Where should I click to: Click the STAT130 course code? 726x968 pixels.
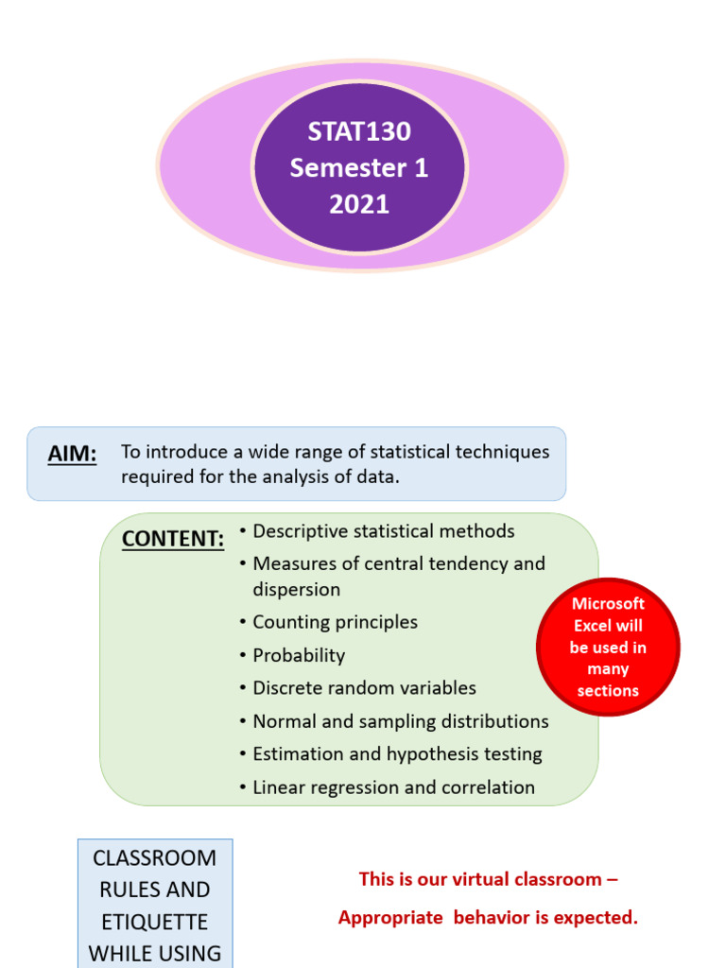pos(359,131)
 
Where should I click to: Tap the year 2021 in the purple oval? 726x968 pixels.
pos(359,204)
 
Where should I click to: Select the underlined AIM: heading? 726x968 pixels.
pos(72,455)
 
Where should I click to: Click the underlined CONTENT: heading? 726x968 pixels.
pos(173,539)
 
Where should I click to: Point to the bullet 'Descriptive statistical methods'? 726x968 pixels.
pos(383,531)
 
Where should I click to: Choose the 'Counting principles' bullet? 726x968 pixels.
pos(335,622)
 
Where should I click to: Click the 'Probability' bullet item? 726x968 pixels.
pos(299,655)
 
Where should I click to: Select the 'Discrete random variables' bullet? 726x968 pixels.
pos(364,688)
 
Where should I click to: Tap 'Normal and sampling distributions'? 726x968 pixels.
pos(400,721)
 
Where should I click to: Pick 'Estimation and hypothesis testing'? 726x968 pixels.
pos(397,754)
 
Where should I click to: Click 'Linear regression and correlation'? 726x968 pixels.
pos(393,787)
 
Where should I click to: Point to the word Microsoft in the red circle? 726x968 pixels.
pos(608,604)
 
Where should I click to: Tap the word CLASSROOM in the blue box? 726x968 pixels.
pos(154,858)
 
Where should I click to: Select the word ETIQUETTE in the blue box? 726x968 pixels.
pos(154,923)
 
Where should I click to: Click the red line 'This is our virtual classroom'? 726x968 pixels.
pos(488,879)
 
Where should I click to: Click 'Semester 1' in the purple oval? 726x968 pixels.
pos(359,168)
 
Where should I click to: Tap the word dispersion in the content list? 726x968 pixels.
pos(296,590)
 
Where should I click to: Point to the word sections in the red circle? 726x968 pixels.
pos(608,691)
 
